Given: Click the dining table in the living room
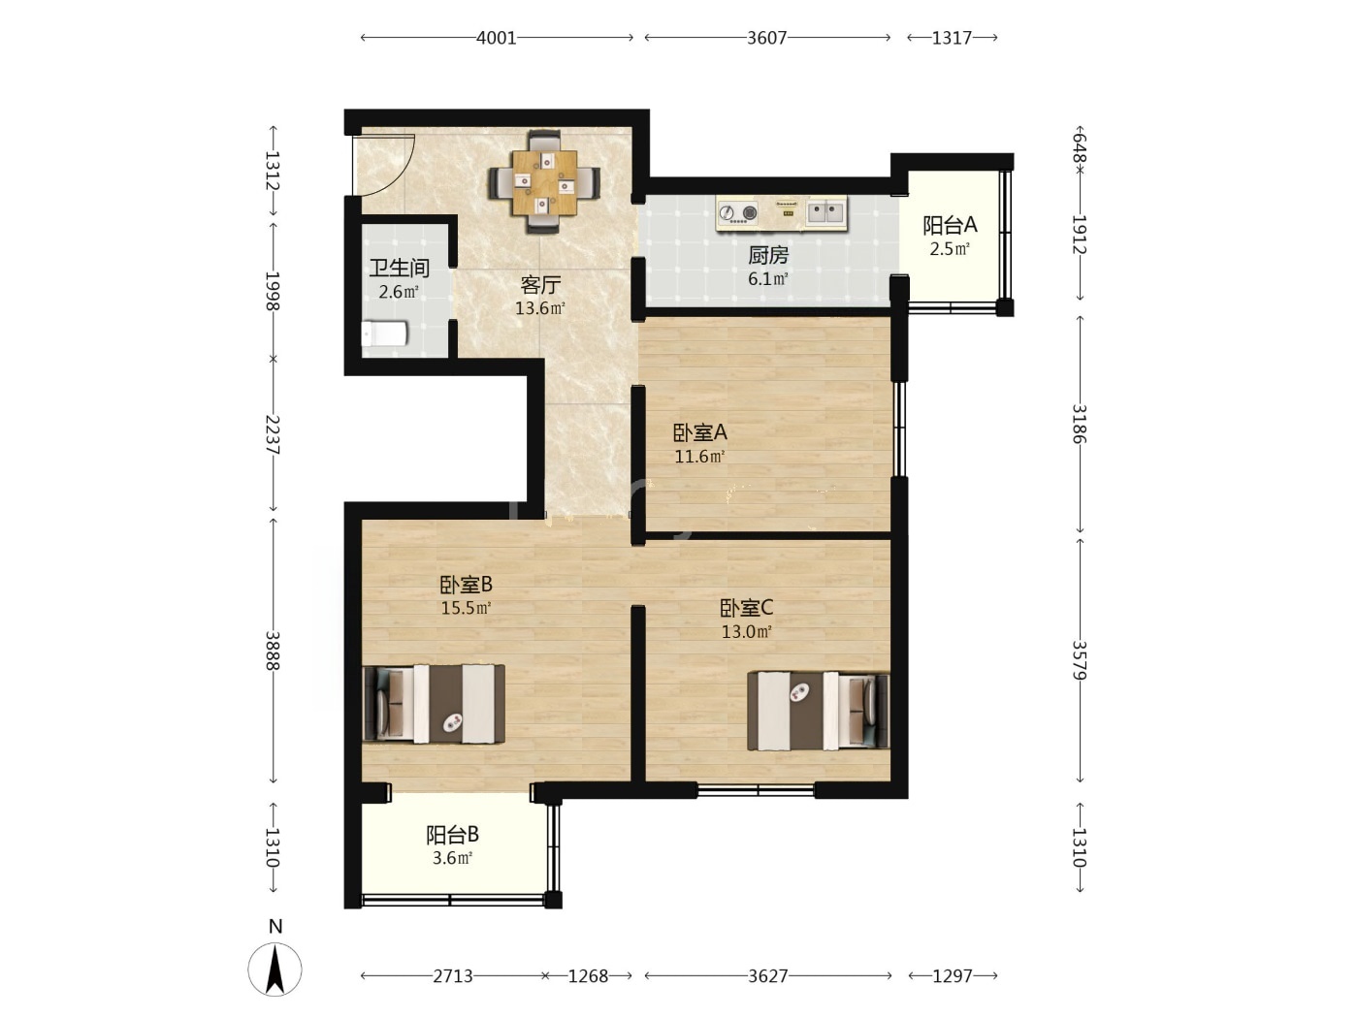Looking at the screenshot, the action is click(544, 182).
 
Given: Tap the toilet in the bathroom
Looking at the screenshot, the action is click(384, 334).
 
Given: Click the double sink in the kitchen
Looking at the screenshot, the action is click(825, 212).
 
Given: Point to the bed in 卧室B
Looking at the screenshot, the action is click(434, 704).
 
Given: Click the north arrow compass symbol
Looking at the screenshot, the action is click(275, 970).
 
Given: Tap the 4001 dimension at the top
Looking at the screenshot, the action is click(497, 38).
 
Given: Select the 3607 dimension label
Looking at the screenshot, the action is click(766, 38).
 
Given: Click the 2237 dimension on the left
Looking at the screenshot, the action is click(273, 434).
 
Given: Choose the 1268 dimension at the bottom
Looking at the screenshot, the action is click(589, 976).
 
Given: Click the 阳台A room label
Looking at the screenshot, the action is click(950, 225).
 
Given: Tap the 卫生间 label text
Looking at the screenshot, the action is click(399, 269).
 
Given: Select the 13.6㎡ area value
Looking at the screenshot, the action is click(540, 307).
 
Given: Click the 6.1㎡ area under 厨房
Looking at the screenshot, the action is click(768, 279).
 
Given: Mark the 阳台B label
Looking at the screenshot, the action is click(452, 835).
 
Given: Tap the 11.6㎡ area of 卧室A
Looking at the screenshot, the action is click(699, 457).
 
